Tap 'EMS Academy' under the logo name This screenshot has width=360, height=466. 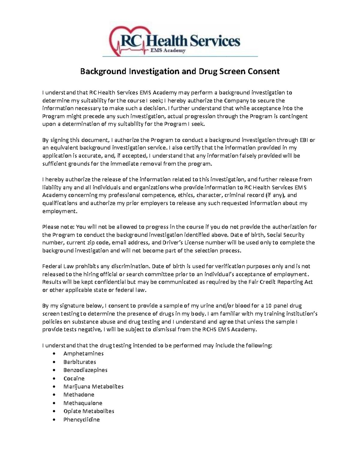[168, 51]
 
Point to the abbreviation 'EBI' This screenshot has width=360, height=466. [303, 140]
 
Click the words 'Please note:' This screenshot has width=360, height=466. [58, 227]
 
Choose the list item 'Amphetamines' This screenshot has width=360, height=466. [83, 353]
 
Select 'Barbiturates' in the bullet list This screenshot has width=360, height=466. [79, 362]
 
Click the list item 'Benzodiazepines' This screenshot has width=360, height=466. [85, 370]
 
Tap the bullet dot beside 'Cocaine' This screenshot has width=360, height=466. [54, 379]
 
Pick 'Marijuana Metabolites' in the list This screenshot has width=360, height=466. [93, 386]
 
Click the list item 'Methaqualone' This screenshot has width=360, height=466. [83, 403]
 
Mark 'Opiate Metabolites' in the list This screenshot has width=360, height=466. [88, 411]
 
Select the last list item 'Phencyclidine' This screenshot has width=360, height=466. [81, 419]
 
